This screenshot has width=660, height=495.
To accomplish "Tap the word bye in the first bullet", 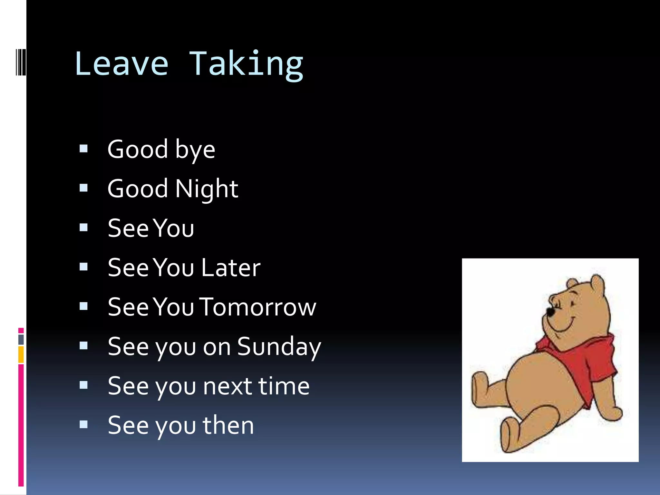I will click(195, 150).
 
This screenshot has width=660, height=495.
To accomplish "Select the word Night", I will click(207, 189).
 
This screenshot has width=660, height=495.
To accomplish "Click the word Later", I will click(231, 268).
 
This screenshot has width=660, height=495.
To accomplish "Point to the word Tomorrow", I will click(258, 307).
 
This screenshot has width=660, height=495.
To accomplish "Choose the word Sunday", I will click(279, 347).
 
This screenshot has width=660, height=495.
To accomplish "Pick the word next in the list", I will click(228, 386).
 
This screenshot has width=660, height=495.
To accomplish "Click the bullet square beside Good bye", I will click(83, 149).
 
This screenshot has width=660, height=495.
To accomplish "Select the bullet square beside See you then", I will click(83, 424).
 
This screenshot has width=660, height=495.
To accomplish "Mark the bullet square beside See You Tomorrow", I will click(83, 306).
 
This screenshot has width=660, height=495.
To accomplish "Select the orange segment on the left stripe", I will click(21, 354).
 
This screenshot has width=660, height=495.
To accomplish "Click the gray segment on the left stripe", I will click(21, 339).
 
